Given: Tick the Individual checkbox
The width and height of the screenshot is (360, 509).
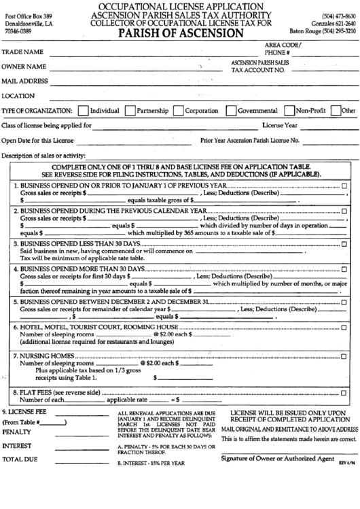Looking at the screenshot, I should pos(83,110).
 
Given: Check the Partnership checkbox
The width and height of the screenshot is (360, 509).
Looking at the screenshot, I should pos(130,110).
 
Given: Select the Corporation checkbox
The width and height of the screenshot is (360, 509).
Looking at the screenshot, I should pos(179,110).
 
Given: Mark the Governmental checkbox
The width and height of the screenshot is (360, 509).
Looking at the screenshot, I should pos(232,110).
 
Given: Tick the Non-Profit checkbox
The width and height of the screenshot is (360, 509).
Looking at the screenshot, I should pos(289,110).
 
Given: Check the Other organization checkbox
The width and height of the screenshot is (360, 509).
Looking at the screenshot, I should pos(336,110).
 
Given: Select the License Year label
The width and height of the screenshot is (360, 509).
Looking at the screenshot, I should pos(280,126).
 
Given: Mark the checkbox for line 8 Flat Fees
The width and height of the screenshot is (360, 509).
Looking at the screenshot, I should pos(344,393).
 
